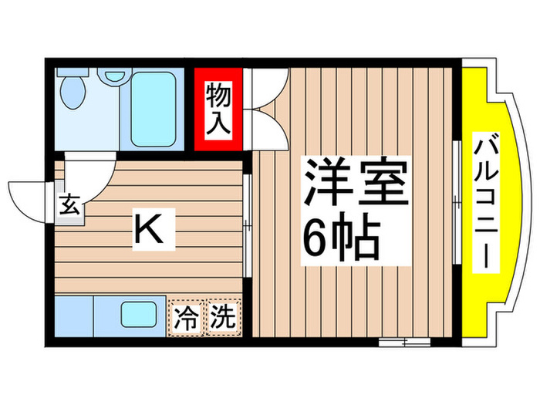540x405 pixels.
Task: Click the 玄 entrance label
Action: [x=69, y=206]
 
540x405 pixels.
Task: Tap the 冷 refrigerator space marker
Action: [x=186, y=317]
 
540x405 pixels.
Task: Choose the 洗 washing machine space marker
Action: [x=221, y=317]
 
